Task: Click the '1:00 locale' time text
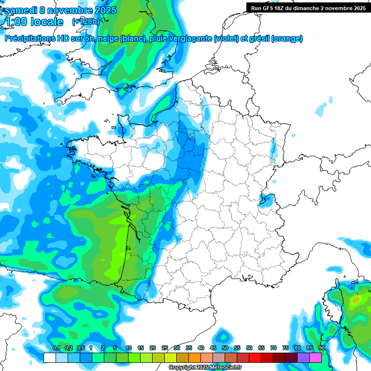pyautogui.click(x=34, y=22)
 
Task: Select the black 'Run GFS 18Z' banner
pyautogui.click(x=308, y=8)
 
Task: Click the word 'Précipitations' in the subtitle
pyautogui.click(x=29, y=39)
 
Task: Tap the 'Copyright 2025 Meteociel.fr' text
pyautogui.click(x=205, y=368)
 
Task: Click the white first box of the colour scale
pyautogui.click(x=49, y=357)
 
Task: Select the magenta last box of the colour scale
pyautogui.click(x=315, y=357)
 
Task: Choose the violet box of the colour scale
pyautogui.click(x=303, y=357)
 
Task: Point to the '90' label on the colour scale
pyautogui.click(x=321, y=348)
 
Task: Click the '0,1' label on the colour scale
pyautogui.click(x=56, y=348)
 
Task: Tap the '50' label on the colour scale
pyautogui.click(x=225, y=348)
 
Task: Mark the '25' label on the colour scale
pyautogui.click(x=165, y=348)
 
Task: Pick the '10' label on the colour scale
pyautogui.click(x=128, y=348)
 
